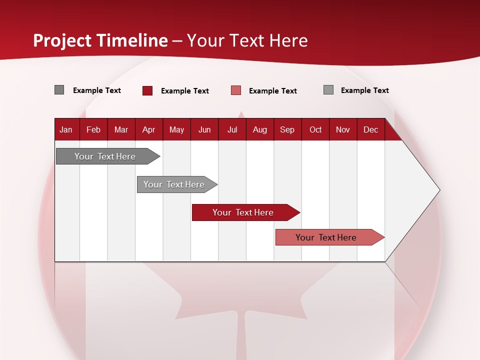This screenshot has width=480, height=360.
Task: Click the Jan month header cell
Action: (66, 129)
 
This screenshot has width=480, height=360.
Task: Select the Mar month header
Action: (121, 129)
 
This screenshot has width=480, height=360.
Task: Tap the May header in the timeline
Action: (176, 129)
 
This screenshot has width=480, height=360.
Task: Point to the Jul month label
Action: (232, 129)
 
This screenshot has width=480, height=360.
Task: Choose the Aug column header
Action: (259, 129)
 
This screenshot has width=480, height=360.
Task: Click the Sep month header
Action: (287, 129)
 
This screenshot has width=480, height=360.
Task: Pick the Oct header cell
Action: (315, 129)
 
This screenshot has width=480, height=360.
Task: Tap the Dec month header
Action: (370, 129)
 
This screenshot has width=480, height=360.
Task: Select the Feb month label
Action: (93, 129)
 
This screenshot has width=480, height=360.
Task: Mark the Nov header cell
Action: (342, 129)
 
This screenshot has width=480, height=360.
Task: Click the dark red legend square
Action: (147, 90)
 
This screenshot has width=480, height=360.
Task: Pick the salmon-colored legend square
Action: (236, 90)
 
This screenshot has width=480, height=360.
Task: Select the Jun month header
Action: (204, 129)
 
